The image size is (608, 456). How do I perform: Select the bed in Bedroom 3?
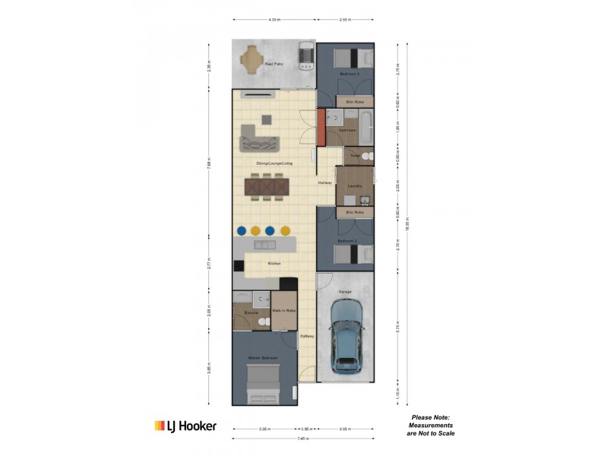352,58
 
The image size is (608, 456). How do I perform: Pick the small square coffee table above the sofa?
266,119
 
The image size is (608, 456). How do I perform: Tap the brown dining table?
267,185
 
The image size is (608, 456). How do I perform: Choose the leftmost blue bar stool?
240,230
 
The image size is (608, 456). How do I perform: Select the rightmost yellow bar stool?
286,230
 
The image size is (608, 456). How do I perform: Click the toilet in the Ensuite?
262,322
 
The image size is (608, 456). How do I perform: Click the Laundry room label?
354,185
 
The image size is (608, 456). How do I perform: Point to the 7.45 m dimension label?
304,439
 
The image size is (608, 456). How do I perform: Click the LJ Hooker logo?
185,426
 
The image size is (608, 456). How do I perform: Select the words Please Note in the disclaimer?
430,417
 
